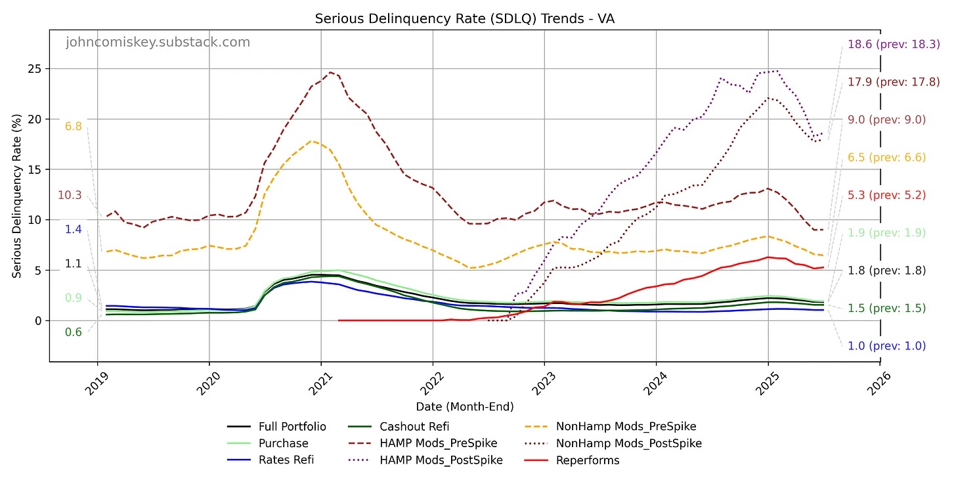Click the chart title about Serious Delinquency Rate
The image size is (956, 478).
[464, 18]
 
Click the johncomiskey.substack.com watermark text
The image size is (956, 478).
[158, 43]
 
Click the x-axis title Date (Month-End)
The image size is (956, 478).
[464, 407]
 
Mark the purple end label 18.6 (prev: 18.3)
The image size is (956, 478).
[894, 45]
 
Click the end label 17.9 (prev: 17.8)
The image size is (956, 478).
[894, 82]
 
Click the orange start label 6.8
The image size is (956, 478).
[73, 127]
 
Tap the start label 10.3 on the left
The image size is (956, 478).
[70, 195]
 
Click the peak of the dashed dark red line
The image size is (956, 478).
[331, 72]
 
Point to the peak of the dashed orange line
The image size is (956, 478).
[313, 141]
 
